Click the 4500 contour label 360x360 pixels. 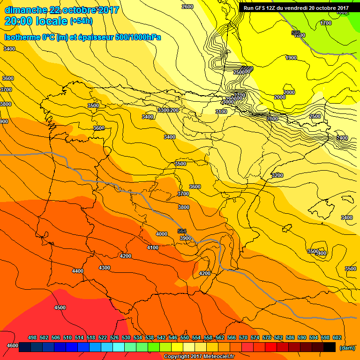click(60, 307)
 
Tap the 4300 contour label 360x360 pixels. click(105, 268)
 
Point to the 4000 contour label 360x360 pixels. click(162, 233)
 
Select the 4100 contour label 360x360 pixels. click(153, 247)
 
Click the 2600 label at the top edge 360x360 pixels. click(187, 7)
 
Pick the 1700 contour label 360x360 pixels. click(326, 23)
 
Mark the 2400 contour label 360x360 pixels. click(343, 138)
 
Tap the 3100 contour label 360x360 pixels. click(221, 112)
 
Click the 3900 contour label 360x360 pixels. click(186, 238)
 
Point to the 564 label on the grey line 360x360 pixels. click(182, 231)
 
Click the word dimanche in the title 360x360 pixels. click(25, 10)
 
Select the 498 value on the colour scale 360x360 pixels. click(32, 337)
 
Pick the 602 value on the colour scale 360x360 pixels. click(337, 337)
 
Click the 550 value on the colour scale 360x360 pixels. click(185, 337)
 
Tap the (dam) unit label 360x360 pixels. click(347, 347)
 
